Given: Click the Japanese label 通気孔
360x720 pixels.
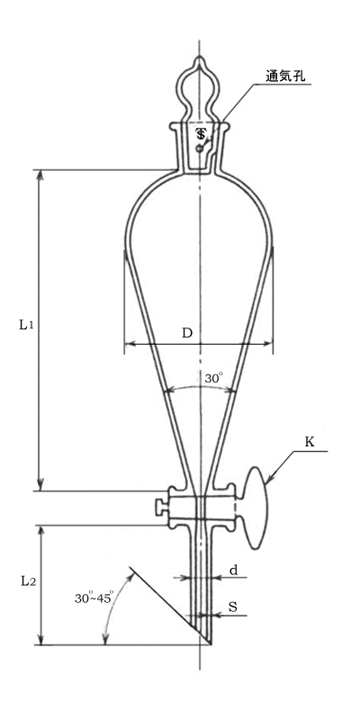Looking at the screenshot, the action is [x=285, y=76].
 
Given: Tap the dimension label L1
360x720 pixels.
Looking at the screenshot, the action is [x=26, y=325].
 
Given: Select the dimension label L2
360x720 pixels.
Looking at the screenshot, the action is [x=28, y=580].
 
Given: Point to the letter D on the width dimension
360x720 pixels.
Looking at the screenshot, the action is [x=187, y=333].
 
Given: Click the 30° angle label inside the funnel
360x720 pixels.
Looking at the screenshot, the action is [x=214, y=378].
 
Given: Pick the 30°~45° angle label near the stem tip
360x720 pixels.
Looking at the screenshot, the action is [x=94, y=598].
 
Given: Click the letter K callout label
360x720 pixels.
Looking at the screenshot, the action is [x=310, y=442].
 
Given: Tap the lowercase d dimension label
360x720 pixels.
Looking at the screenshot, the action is [x=233, y=571].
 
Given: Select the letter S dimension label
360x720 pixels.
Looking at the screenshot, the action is [x=233, y=607].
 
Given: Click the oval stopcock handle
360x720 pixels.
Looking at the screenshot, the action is [x=256, y=508].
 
